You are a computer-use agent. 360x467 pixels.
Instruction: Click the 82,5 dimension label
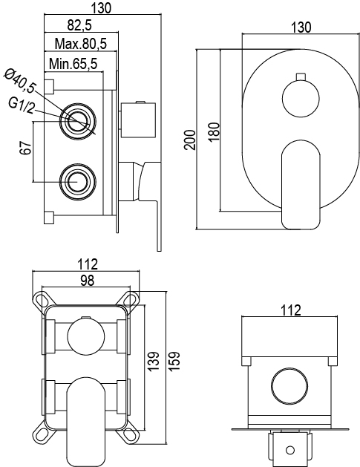coord(79,25)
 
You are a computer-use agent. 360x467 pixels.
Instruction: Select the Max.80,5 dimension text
coord(81,44)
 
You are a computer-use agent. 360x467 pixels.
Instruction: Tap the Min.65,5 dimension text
coord(73,63)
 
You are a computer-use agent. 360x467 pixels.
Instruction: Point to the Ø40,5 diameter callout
coord(19,80)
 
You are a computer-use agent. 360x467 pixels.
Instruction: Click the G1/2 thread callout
coord(21,105)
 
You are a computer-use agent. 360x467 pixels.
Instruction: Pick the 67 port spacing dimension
coord(26,147)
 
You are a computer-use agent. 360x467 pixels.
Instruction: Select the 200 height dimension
coord(190,140)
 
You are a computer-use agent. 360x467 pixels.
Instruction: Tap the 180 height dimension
coord(214,131)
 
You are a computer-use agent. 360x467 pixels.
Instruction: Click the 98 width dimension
coord(88,280)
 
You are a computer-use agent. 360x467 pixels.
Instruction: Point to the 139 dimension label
coord(154,362)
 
